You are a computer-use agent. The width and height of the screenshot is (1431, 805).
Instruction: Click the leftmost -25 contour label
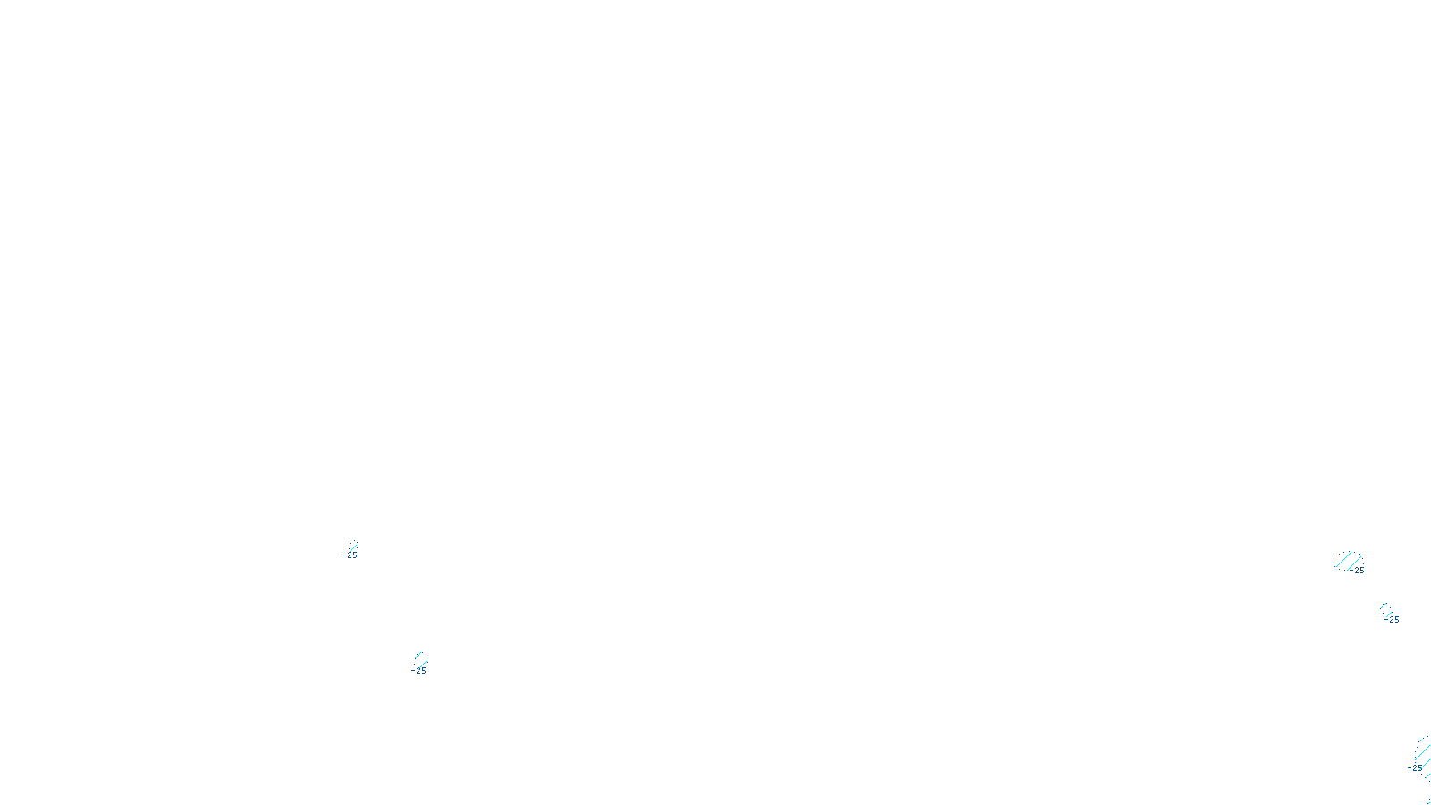point(350,555)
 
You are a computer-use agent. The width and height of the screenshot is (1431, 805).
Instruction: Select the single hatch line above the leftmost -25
point(352,547)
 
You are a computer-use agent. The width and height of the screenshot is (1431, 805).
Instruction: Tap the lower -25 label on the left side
point(419,670)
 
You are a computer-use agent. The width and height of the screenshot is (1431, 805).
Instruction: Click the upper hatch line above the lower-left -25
point(419,657)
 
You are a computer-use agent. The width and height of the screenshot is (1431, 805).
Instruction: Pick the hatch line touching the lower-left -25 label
point(421,664)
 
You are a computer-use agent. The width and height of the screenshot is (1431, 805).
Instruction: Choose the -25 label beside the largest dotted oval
point(1358,571)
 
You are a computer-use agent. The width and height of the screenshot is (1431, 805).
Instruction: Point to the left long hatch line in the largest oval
point(1343,560)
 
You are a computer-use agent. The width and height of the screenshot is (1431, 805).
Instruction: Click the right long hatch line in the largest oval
point(1354,562)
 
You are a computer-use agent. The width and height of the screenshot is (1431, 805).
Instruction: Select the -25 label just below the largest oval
point(1392,619)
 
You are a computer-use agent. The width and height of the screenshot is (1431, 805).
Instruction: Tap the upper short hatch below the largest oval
point(1384,606)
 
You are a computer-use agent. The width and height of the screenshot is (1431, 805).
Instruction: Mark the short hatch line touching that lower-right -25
point(1389,614)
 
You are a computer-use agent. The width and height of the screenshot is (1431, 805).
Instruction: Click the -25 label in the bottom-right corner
point(1414,767)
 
